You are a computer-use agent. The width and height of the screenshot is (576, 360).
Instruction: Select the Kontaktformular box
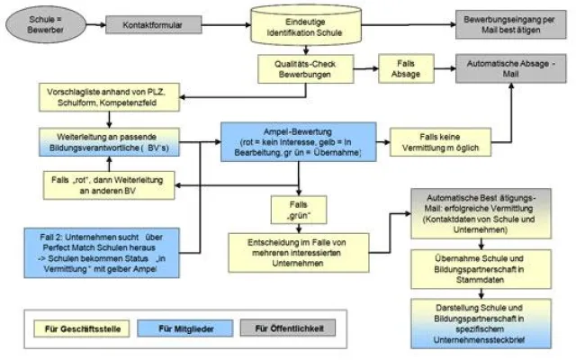click(x=148, y=25)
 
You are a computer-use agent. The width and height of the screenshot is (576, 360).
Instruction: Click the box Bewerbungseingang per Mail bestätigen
click(x=515, y=25)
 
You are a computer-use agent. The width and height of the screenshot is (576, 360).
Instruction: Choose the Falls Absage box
click(x=401, y=70)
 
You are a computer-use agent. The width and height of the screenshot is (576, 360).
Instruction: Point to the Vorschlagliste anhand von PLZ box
click(x=107, y=98)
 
